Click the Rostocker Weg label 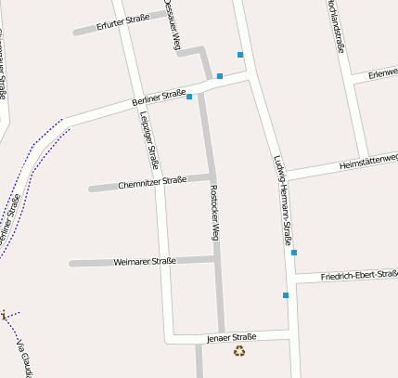[x=213, y=214]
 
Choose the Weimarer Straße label [x=144, y=261]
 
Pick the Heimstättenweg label [x=368, y=161]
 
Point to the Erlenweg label [x=382, y=72]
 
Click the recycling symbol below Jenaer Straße [x=239, y=351]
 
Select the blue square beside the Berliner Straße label [x=189, y=97]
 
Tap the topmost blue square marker [x=240, y=55]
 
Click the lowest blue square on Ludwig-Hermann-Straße [x=286, y=295]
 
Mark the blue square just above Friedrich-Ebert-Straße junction [x=294, y=253]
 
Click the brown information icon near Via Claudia [x=3, y=316]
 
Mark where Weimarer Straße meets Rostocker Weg [x=216, y=258]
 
